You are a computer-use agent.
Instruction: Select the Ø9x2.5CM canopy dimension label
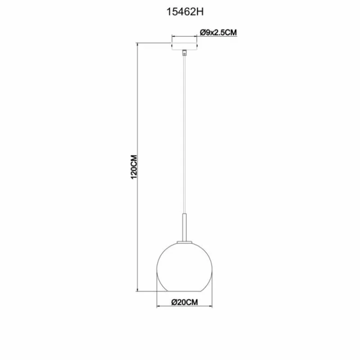pyautogui.click(x=218, y=32)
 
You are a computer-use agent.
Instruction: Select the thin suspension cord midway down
pyautogui.click(x=184, y=135)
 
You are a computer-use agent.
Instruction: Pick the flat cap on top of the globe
pyautogui.click(x=184, y=242)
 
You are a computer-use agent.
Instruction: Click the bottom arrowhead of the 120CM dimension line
pyautogui.click(x=138, y=290)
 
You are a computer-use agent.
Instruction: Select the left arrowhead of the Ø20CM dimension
pyautogui.click(x=158, y=307)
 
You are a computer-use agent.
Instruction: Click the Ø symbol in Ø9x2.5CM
pyautogui.click(x=202, y=32)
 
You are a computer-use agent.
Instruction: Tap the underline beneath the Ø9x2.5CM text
pyautogui.click(x=218, y=37)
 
